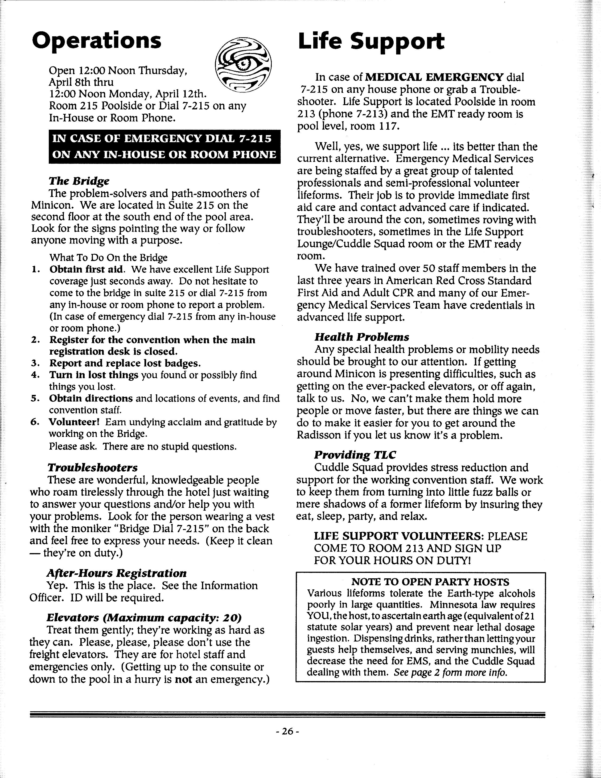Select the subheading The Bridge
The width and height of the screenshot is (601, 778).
click(x=79, y=181)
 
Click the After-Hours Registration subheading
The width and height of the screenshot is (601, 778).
click(x=116, y=573)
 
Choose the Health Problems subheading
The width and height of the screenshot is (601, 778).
click(x=362, y=337)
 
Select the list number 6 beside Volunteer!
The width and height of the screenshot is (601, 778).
click(x=35, y=422)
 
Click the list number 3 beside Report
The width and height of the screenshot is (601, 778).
click(x=35, y=363)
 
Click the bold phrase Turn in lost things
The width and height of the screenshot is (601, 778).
click(x=94, y=375)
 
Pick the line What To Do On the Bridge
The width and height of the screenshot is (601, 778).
click(x=108, y=257)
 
